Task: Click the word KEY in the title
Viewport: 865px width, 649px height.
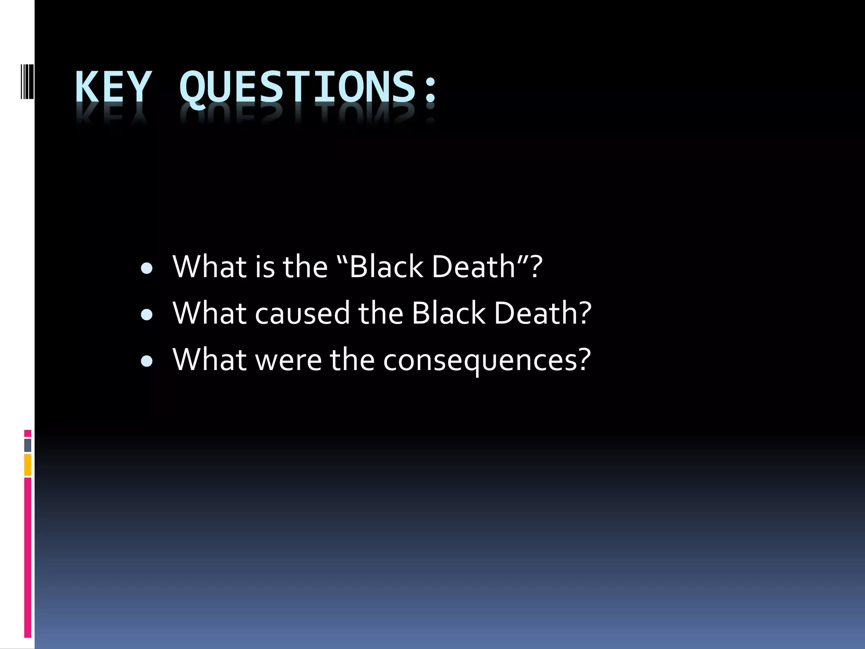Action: click(x=113, y=87)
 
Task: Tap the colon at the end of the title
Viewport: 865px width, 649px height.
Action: click(x=431, y=89)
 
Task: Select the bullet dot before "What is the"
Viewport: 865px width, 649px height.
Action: click(x=147, y=269)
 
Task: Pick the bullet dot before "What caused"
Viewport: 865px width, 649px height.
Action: click(x=147, y=315)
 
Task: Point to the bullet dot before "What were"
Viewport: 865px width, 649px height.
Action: click(x=147, y=361)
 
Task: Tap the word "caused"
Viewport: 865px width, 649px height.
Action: click(x=302, y=314)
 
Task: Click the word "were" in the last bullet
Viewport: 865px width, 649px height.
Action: click(x=289, y=360)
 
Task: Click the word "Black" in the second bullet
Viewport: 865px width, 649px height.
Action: click(x=449, y=314)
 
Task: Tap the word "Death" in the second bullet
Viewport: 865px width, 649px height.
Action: click(x=534, y=314)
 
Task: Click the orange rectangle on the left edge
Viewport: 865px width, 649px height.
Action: click(x=27, y=465)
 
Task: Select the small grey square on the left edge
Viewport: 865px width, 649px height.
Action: click(x=27, y=445)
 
